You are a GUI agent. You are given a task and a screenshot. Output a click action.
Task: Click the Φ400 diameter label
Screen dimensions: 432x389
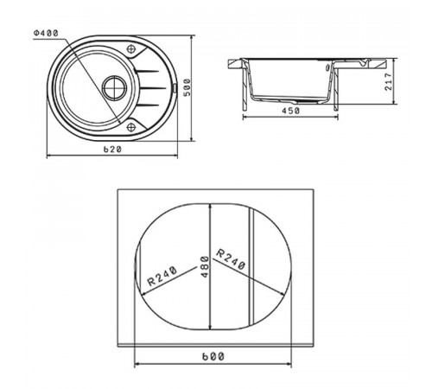point(46,33)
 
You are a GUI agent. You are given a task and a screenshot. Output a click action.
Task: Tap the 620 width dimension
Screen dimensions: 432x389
point(112,150)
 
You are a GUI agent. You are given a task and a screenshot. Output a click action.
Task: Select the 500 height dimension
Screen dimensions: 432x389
point(187,87)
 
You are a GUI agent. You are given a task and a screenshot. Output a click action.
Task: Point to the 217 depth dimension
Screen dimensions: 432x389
point(389,82)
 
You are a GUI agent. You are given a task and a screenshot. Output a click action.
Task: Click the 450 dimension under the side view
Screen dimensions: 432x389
point(290,111)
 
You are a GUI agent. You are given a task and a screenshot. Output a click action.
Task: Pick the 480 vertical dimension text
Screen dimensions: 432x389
point(205,267)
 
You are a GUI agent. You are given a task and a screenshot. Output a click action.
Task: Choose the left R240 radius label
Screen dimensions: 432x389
point(162,276)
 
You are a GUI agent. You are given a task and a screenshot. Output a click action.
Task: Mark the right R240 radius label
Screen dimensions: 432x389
point(231,259)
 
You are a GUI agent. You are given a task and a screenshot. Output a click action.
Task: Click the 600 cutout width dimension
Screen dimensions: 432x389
point(213,357)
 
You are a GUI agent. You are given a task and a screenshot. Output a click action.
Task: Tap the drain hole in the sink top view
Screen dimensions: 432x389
point(115,88)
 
